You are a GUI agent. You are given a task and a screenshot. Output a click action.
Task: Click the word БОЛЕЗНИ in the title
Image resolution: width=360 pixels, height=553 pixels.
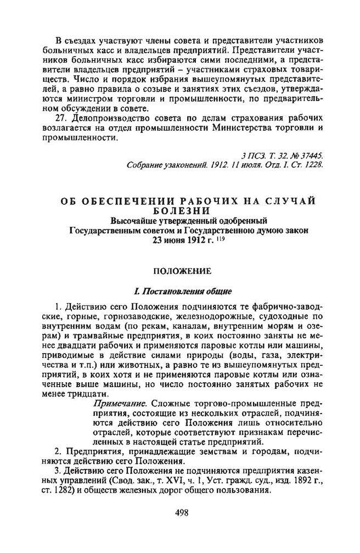click(x=180, y=211)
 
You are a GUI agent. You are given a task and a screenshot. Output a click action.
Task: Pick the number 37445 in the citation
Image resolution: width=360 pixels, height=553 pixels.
click(x=311, y=155)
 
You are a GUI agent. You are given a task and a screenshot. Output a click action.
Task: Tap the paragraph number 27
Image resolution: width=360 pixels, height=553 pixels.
click(x=63, y=118)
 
